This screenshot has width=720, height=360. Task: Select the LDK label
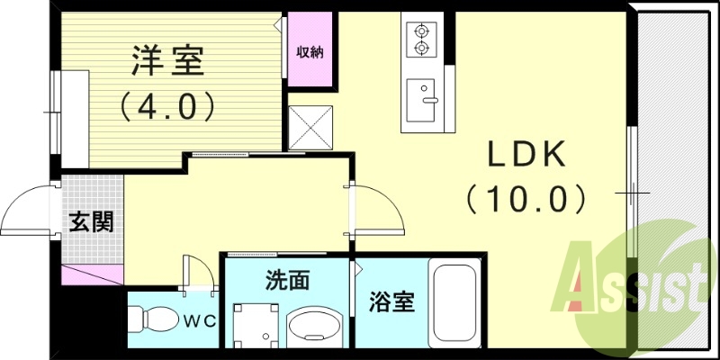tap(526, 155)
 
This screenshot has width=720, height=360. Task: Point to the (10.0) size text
tap(526, 197)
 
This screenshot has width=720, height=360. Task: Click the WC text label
tap(200, 319)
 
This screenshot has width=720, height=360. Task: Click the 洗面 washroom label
tap(287, 280)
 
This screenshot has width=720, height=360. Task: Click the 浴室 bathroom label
tap(391, 302)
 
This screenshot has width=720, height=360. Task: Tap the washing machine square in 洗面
tap(254, 322)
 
